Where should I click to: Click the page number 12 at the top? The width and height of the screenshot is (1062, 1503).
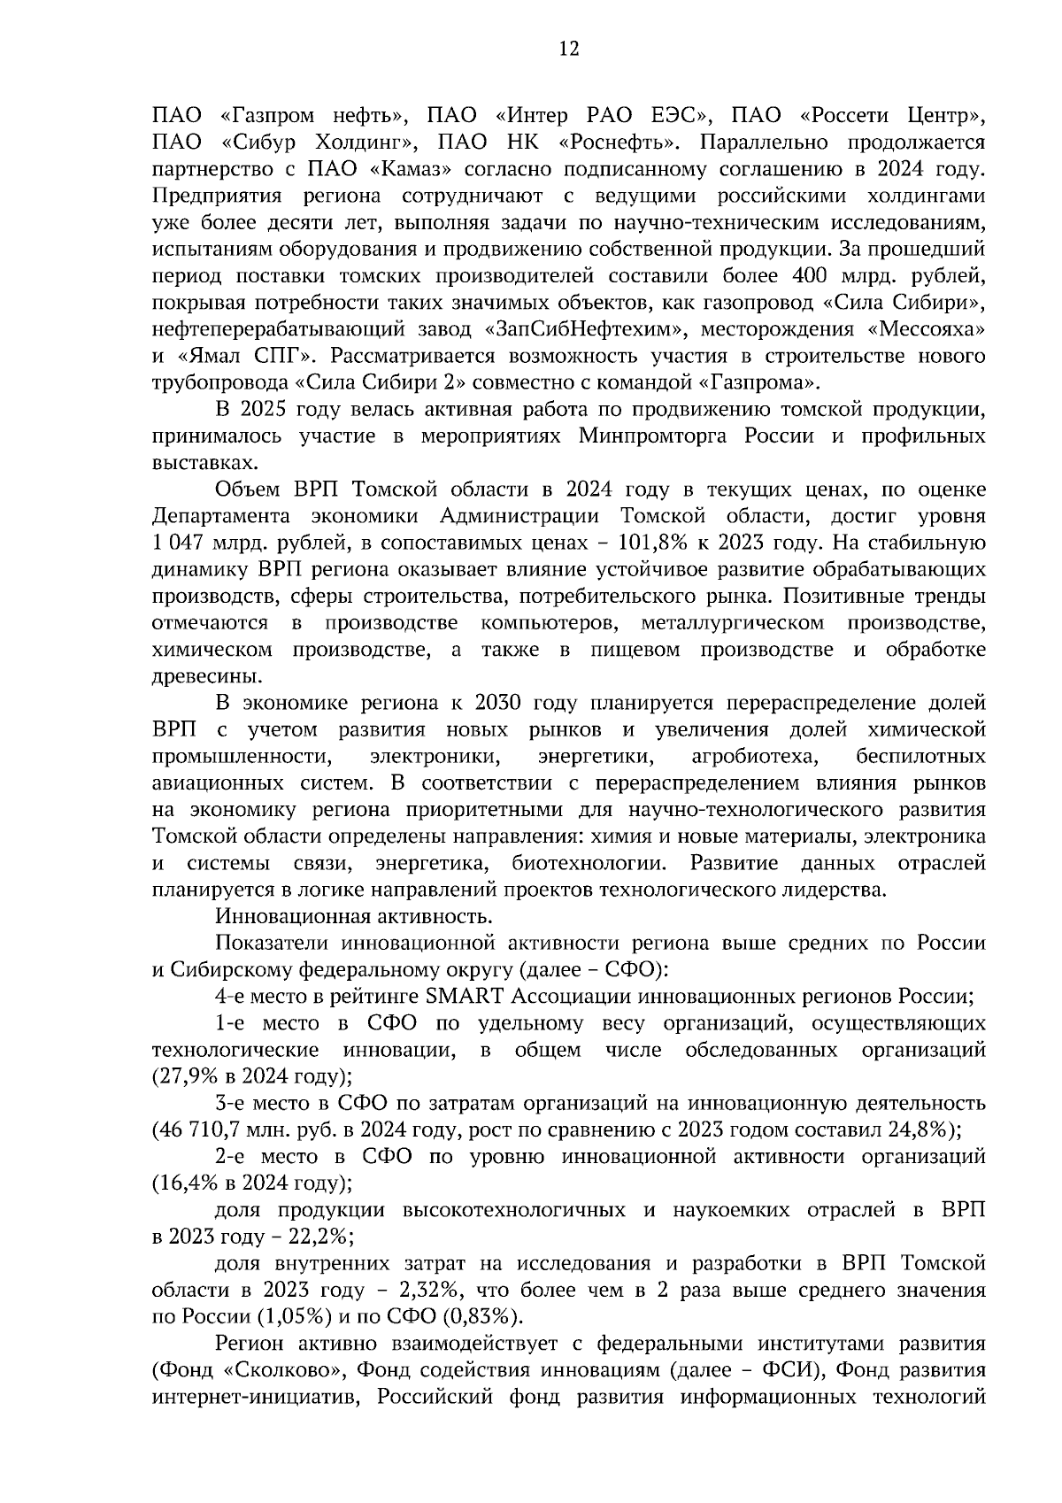tap(568, 49)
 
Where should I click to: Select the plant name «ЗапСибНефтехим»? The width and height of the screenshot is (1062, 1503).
tap(588, 329)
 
